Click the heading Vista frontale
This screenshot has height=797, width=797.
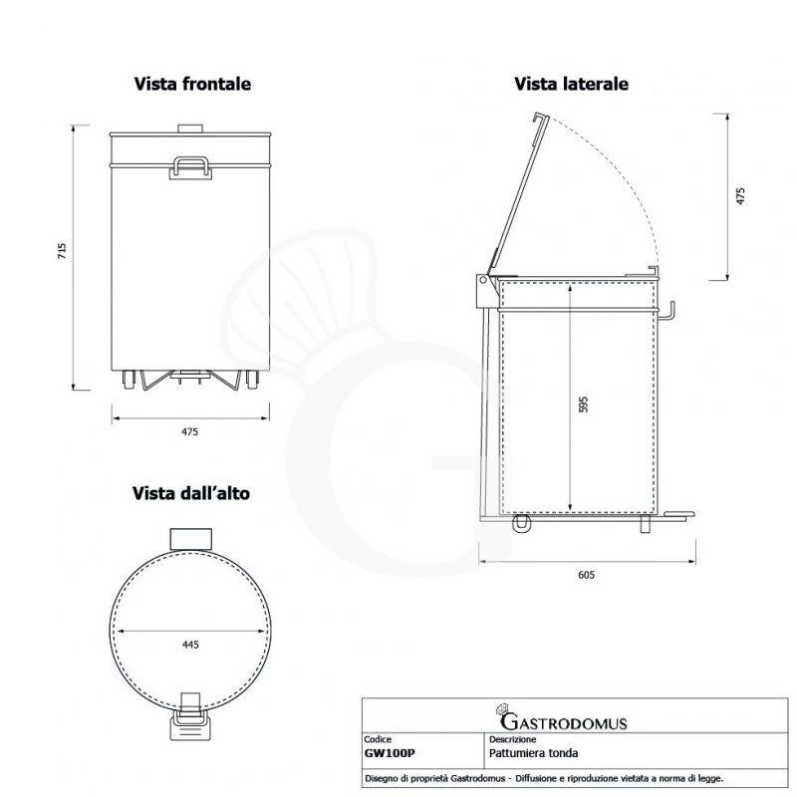192,85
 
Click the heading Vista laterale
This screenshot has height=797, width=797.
571,85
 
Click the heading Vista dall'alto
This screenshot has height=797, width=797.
191,493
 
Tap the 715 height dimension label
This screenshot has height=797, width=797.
62,253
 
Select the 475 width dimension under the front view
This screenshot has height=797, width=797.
190,431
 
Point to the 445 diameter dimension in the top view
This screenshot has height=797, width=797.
190,645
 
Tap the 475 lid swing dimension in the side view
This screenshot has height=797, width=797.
739,195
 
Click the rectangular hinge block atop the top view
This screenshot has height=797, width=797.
189,539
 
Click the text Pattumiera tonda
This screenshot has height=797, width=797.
528,754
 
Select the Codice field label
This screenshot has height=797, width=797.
380,740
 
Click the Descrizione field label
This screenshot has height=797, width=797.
514,740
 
